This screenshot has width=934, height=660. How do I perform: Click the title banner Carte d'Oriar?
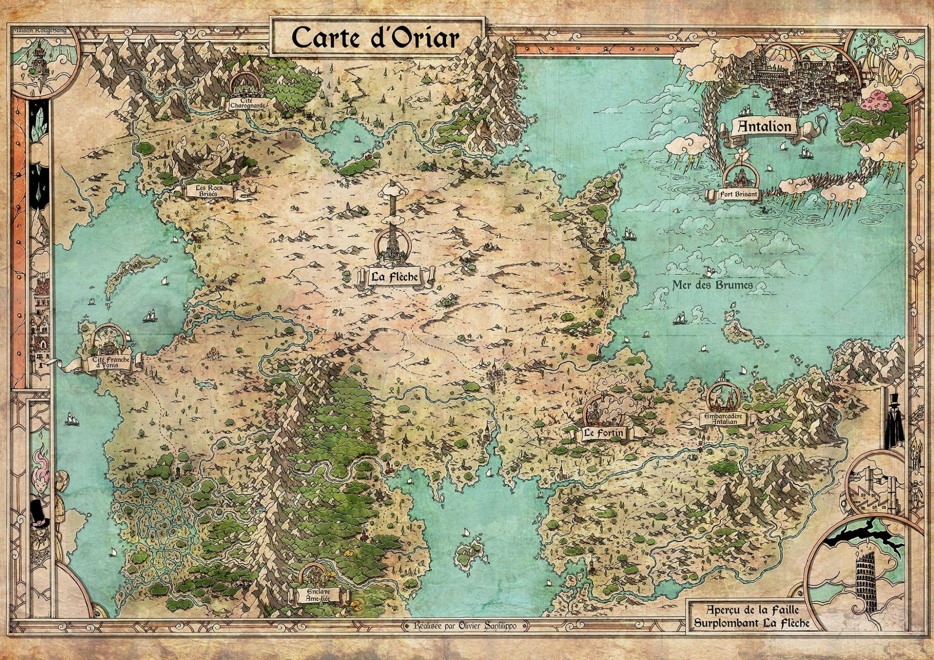(375, 37)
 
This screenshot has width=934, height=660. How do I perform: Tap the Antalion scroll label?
(764, 126)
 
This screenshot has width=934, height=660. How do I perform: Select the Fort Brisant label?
(739, 195)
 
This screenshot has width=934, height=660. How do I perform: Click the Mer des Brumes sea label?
(712, 285)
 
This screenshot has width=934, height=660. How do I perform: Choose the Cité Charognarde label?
(248, 103)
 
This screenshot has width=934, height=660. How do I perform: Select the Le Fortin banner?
(603, 433)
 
